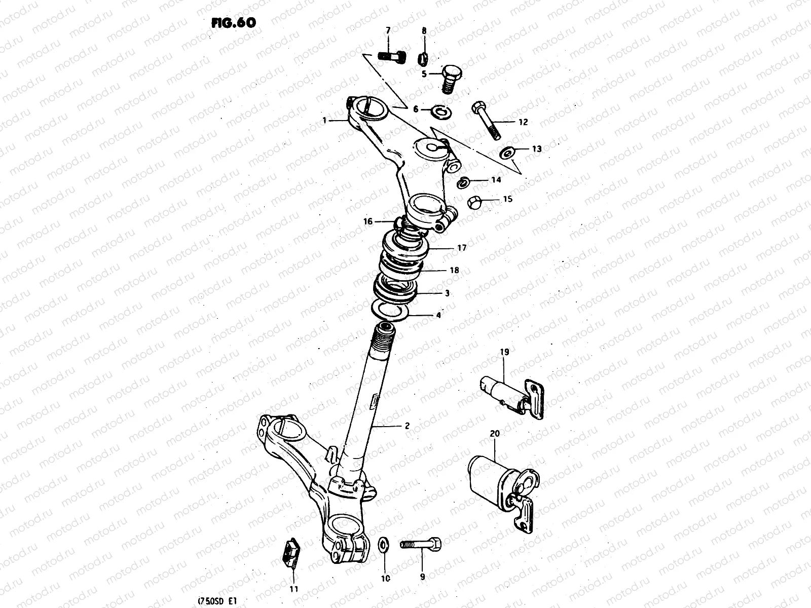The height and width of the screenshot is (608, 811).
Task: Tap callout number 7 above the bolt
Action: (x=388, y=31)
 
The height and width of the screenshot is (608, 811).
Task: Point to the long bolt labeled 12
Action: (x=486, y=121)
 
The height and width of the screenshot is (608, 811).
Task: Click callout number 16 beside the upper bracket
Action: (x=368, y=221)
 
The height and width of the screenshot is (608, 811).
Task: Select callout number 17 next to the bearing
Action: (x=461, y=248)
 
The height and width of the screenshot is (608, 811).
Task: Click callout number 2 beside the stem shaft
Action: (x=407, y=426)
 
